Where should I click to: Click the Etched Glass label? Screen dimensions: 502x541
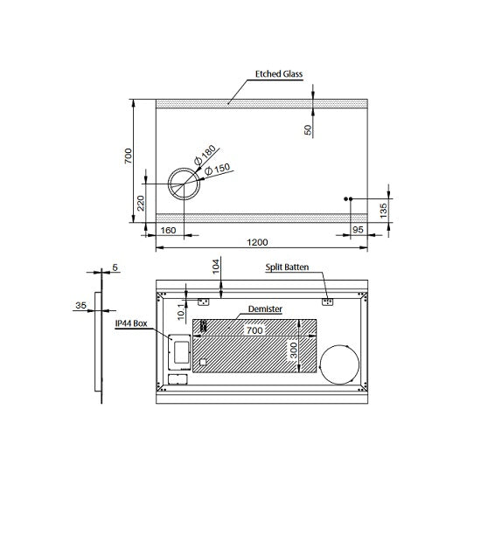[279, 73]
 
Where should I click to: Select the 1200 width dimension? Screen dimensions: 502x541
[257, 242]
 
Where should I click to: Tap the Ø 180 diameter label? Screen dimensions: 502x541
[205, 155]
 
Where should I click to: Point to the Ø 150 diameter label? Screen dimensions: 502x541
[217, 169]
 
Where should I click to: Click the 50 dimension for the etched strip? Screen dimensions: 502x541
[308, 129]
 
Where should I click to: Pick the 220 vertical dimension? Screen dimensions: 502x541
[141, 203]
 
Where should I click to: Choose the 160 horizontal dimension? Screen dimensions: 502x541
[168, 230]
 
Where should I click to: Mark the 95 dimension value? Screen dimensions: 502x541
[358, 230]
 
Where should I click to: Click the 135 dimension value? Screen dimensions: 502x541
[383, 211]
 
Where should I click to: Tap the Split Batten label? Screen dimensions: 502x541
[287, 267]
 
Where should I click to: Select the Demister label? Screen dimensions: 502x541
[265, 309]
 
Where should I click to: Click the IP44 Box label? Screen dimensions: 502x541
[131, 323]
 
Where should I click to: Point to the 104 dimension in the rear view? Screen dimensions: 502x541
[216, 267]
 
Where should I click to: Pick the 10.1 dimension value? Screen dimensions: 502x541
[181, 310]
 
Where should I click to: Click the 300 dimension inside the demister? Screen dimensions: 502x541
[293, 350]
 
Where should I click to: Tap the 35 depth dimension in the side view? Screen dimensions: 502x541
[80, 305]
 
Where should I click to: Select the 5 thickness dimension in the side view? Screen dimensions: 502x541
[115, 267]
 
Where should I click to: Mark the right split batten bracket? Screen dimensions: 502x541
[327, 302]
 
